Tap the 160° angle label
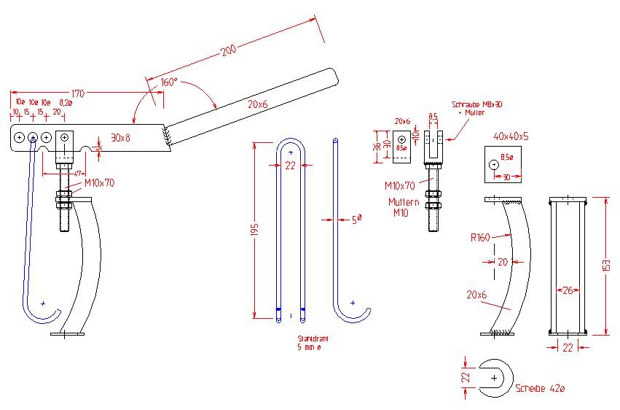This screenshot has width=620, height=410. point(168,83)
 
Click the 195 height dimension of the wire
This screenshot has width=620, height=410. point(254,230)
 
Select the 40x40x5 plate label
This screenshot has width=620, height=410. point(500,136)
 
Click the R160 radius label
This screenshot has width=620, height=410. point(479,236)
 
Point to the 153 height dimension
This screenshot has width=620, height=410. point(606,266)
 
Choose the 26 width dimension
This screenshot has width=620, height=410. point(566,290)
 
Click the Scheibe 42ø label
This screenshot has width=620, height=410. point(539,388)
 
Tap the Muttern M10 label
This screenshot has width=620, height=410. point(402,207)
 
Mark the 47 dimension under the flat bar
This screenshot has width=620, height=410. point(76,174)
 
